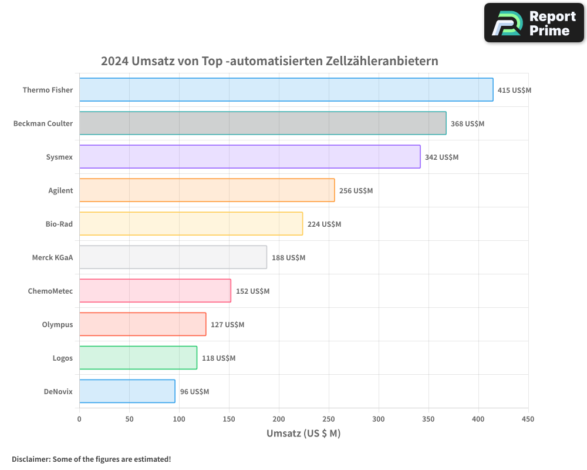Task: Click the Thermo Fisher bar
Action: coord(286,90)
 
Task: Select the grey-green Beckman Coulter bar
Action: coord(262,123)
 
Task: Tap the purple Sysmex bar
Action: coord(249,157)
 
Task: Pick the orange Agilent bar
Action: coord(207,190)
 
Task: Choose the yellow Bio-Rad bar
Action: coord(191,224)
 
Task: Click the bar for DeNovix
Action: coord(127,391)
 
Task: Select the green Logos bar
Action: coord(138,358)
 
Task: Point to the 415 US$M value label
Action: coord(514,90)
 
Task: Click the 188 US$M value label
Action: coord(288,258)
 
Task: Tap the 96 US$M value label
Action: coord(194,392)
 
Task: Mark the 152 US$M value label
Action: coord(252,291)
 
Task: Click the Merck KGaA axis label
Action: coord(52,257)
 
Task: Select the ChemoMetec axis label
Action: coord(50,291)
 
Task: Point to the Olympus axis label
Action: coord(58,324)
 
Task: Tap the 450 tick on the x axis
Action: coord(528,419)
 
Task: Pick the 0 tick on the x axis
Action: coord(79,419)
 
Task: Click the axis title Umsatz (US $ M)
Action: coord(303,434)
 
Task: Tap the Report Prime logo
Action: coord(534,23)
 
